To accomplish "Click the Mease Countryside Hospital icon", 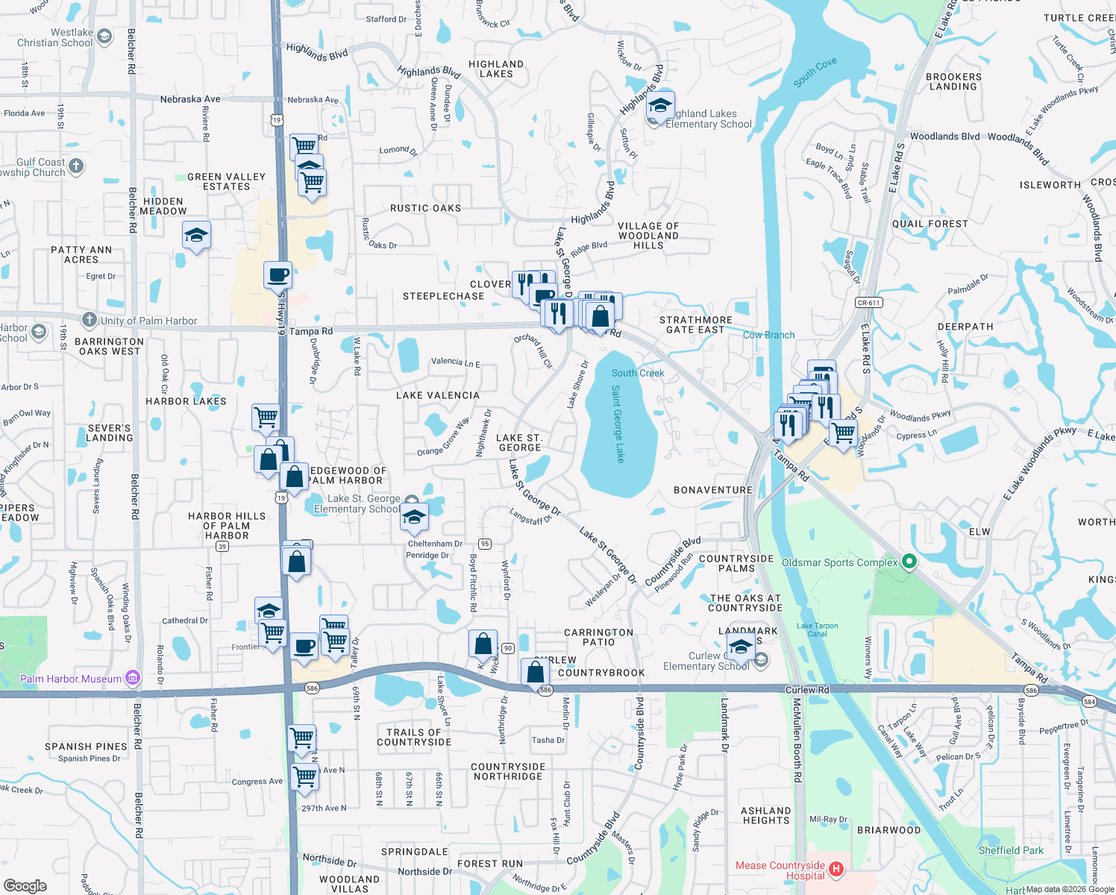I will point(836,870).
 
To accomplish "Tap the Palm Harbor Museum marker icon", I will point(133,678).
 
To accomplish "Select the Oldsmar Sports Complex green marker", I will point(909,562).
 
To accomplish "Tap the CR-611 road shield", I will point(869,303).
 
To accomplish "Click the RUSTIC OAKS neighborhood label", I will point(425,209).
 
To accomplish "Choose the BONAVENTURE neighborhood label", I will point(713,490).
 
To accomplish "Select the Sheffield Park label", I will point(1011,850).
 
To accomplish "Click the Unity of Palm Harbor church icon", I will point(89,320).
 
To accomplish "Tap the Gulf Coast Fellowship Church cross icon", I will point(76,166).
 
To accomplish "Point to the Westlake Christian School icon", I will point(104,36).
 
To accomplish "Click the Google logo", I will point(25,885).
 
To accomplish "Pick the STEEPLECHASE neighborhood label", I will point(443,296).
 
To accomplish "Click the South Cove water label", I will point(815,72).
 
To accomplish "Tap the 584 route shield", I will point(1089,702).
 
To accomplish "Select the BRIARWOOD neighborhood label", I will point(888,830).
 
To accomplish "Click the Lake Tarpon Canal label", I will point(817,630).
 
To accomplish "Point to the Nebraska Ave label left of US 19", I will point(190,99).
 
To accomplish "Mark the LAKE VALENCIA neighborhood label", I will point(438,395).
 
